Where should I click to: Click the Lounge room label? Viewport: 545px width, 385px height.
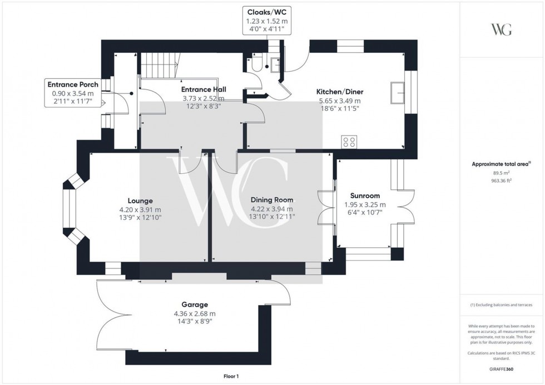pos(140,201)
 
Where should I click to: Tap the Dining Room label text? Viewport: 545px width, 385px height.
pos(271,200)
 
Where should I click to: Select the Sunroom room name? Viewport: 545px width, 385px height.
pos(365,196)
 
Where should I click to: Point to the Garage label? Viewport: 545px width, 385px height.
pos(195,304)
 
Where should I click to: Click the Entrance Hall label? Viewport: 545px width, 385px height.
pos(203,89)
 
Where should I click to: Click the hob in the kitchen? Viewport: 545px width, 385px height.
pos(350,142)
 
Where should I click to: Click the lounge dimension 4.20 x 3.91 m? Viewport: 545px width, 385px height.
pos(140,209)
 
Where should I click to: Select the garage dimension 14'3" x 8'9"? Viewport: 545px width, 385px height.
pos(195,321)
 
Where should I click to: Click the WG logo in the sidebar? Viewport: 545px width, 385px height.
pos(502,30)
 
